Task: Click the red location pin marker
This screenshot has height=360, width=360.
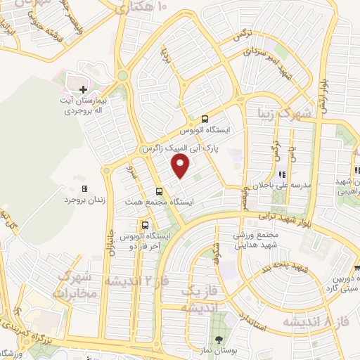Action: click(181, 167)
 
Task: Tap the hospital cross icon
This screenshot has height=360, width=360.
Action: click(82, 89)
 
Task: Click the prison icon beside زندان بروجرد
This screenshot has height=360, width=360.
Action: click(85, 189)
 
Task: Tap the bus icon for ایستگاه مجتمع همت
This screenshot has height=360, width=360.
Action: click(159, 191)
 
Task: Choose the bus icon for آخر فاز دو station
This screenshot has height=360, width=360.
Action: click(144, 226)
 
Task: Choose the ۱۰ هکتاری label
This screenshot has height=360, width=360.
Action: click(141, 8)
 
